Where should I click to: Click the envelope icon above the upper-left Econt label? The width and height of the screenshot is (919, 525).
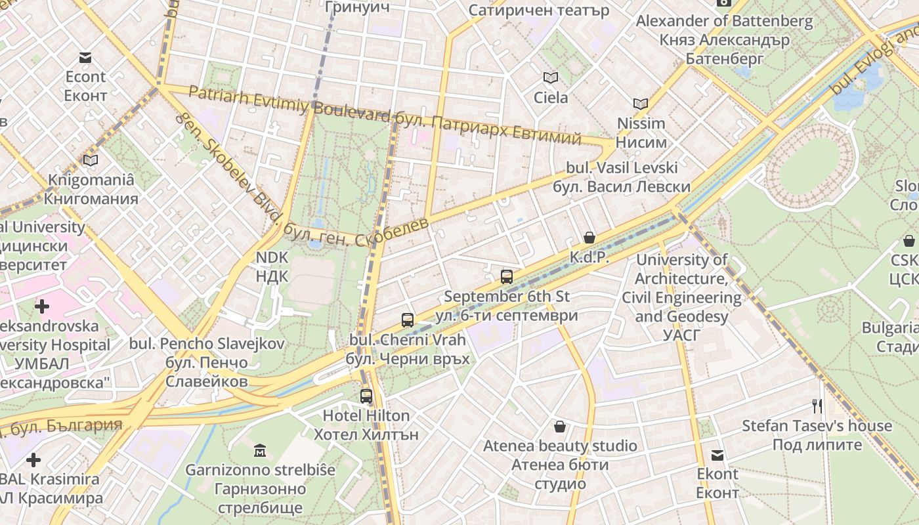pos(85,58)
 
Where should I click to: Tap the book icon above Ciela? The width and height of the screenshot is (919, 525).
pos(550,78)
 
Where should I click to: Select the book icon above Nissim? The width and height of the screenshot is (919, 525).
pos(640,104)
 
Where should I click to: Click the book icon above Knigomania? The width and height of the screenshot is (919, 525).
pos(91,160)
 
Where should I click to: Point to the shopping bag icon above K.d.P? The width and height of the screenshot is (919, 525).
pos(589,238)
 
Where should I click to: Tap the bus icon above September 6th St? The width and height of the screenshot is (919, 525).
pos(506,277)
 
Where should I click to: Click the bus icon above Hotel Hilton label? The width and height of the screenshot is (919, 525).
pos(366,396)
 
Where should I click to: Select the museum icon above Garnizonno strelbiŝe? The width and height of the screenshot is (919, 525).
pos(260,451)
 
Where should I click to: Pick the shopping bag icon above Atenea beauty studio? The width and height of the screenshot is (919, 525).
pos(560,427)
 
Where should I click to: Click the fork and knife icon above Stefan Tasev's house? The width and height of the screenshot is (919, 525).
pos(817,406)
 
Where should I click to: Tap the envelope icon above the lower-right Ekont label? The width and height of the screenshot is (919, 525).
pos(717,455)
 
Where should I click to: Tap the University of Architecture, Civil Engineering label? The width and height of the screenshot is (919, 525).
pos(681,288)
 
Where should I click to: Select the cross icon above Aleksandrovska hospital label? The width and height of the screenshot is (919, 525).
pos(42,306)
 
